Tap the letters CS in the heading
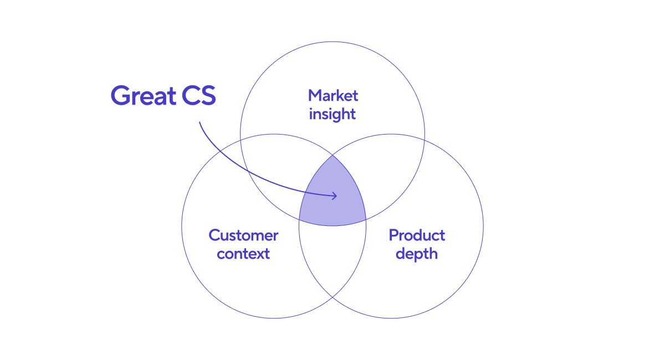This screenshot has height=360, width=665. pyautogui.click(x=198, y=96)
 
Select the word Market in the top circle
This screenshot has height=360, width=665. pyautogui.click(x=333, y=95)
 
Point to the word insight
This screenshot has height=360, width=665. pyautogui.click(x=332, y=114)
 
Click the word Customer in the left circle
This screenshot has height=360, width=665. pyautogui.click(x=243, y=235)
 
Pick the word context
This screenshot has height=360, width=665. pyautogui.click(x=243, y=254)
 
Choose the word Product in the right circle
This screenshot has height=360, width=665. pyautogui.click(x=417, y=235)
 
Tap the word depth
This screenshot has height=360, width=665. pyautogui.click(x=417, y=254)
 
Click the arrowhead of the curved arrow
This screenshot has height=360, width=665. pyautogui.click(x=335, y=196)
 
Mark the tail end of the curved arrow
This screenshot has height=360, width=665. pyautogui.click(x=199, y=122)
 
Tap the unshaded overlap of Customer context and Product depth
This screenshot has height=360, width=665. pyautogui.click(x=332, y=260)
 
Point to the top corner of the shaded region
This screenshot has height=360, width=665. pyautogui.click(x=332, y=155)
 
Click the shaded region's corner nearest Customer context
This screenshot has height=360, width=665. pyautogui.click(x=299, y=219)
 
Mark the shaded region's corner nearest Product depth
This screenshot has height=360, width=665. pyautogui.click(x=366, y=219)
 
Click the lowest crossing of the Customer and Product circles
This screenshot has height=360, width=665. pyautogui.click(x=332, y=297)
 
